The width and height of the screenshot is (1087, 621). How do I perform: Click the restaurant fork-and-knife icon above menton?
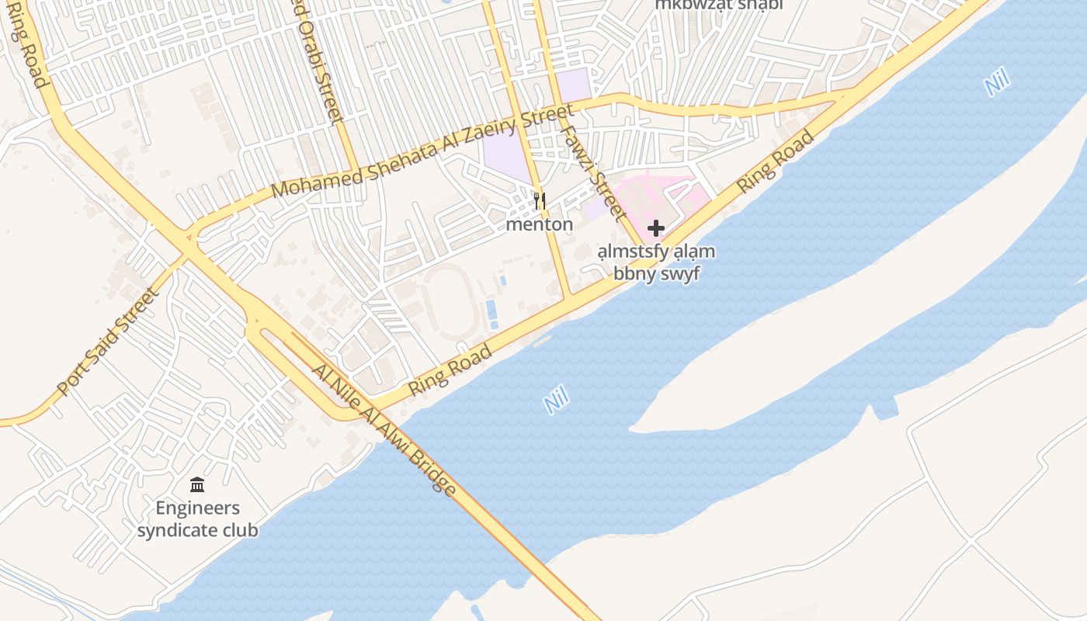point(540,202)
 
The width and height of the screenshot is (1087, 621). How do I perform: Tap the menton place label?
point(540,225)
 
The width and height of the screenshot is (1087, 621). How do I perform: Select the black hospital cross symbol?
point(656,228)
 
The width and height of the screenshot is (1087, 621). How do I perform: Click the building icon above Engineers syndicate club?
point(197,485)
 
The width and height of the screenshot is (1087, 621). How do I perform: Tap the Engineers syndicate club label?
point(197,519)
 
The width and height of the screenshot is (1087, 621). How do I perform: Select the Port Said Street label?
point(109,342)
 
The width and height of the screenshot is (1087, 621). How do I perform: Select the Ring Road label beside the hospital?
point(776,161)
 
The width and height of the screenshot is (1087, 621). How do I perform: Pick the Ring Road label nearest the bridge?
point(450,370)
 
